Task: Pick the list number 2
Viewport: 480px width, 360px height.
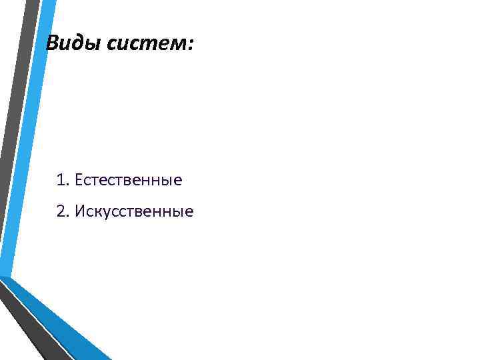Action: tap(61, 212)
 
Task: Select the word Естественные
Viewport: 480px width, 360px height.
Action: tap(129, 180)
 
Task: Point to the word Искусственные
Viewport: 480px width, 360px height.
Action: tap(134, 212)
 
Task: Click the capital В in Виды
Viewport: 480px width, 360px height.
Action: tap(52, 45)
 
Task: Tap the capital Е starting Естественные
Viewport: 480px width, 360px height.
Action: tap(79, 180)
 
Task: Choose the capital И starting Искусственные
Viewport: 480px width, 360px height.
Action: tap(80, 212)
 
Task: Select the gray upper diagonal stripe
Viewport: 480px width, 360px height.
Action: tap(15, 100)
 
